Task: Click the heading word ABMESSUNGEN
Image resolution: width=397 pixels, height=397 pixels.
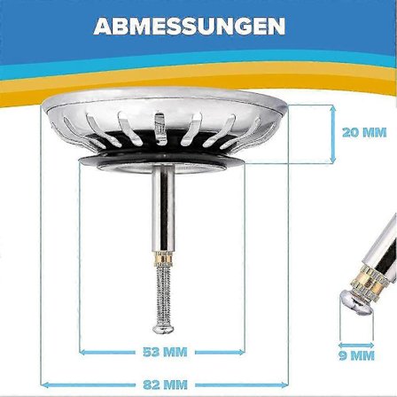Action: click(x=190, y=26)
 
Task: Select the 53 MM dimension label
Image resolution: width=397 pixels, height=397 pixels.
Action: click(x=165, y=352)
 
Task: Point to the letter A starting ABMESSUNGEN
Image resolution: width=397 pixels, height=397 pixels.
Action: click(x=103, y=26)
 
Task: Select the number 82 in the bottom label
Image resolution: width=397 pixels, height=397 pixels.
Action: click(x=152, y=385)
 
